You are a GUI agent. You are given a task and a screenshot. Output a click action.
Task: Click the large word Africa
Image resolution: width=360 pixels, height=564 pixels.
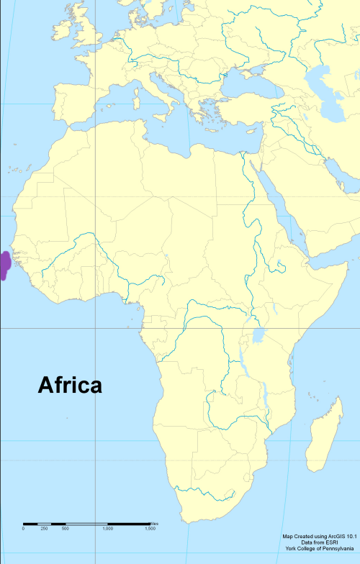pos(70,385)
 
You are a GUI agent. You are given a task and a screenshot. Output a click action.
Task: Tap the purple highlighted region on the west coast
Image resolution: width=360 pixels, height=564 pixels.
pos(4,265)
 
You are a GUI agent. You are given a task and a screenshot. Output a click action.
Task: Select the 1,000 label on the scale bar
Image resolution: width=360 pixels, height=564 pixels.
pos(107,529)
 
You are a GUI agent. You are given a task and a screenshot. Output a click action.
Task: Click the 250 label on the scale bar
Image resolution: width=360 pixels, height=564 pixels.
pos(44,529)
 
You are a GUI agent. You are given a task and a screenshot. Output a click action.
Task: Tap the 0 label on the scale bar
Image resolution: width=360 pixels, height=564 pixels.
pos(23,529)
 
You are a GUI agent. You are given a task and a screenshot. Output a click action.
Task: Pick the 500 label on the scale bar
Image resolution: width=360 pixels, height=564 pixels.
pos(65,529)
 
